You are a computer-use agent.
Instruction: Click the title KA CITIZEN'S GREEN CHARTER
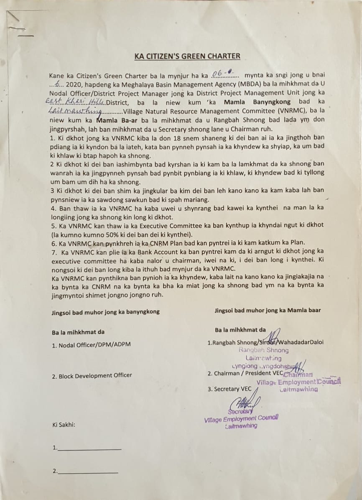coord(187,56)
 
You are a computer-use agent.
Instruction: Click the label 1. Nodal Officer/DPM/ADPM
coord(91,345)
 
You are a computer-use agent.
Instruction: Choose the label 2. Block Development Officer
coord(92,376)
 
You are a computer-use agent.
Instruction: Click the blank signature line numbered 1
coord(89,448)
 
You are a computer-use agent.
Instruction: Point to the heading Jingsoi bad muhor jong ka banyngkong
coord(105,312)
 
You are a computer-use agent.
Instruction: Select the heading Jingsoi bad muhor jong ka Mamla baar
coord(268,310)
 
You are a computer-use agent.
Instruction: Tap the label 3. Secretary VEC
coord(229,389)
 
